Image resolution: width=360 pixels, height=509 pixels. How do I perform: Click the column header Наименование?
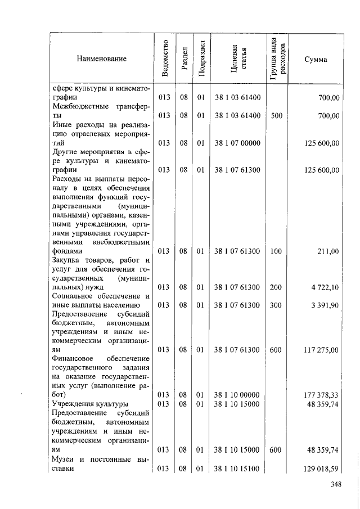pyautogui.click(x=102, y=58)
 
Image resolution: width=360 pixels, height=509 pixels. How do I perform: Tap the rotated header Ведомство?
pyautogui.click(x=164, y=58)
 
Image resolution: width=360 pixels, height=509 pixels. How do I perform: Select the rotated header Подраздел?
pyautogui.click(x=200, y=58)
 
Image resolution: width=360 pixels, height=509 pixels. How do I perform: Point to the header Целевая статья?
pyautogui.click(x=237, y=58)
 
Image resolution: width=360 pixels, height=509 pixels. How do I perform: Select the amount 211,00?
pyautogui.click(x=328, y=251)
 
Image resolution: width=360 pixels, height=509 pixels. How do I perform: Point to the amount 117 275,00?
pyautogui.click(x=321, y=350)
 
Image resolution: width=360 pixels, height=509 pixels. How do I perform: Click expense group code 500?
pyautogui.click(x=276, y=116)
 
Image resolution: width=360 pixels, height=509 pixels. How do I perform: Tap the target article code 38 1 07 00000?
pyautogui.click(x=237, y=143)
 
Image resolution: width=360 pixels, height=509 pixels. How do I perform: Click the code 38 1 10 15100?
pyautogui.click(x=237, y=469)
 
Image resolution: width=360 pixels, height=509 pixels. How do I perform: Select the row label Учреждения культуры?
pyautogui.click(x=90, y=404)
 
